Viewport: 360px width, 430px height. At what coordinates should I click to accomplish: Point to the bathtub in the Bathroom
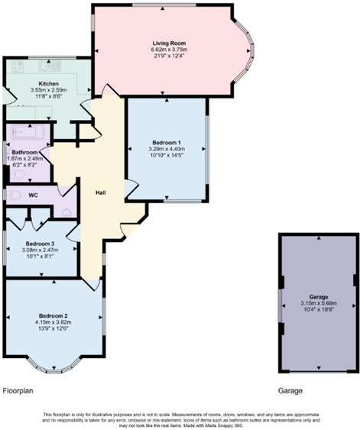27,135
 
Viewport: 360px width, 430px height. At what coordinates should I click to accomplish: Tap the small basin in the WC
66,213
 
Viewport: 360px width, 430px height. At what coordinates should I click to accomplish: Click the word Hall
99,192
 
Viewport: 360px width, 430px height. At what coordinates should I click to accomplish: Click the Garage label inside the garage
318,296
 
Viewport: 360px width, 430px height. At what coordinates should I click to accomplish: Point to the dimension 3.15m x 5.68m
318,303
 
